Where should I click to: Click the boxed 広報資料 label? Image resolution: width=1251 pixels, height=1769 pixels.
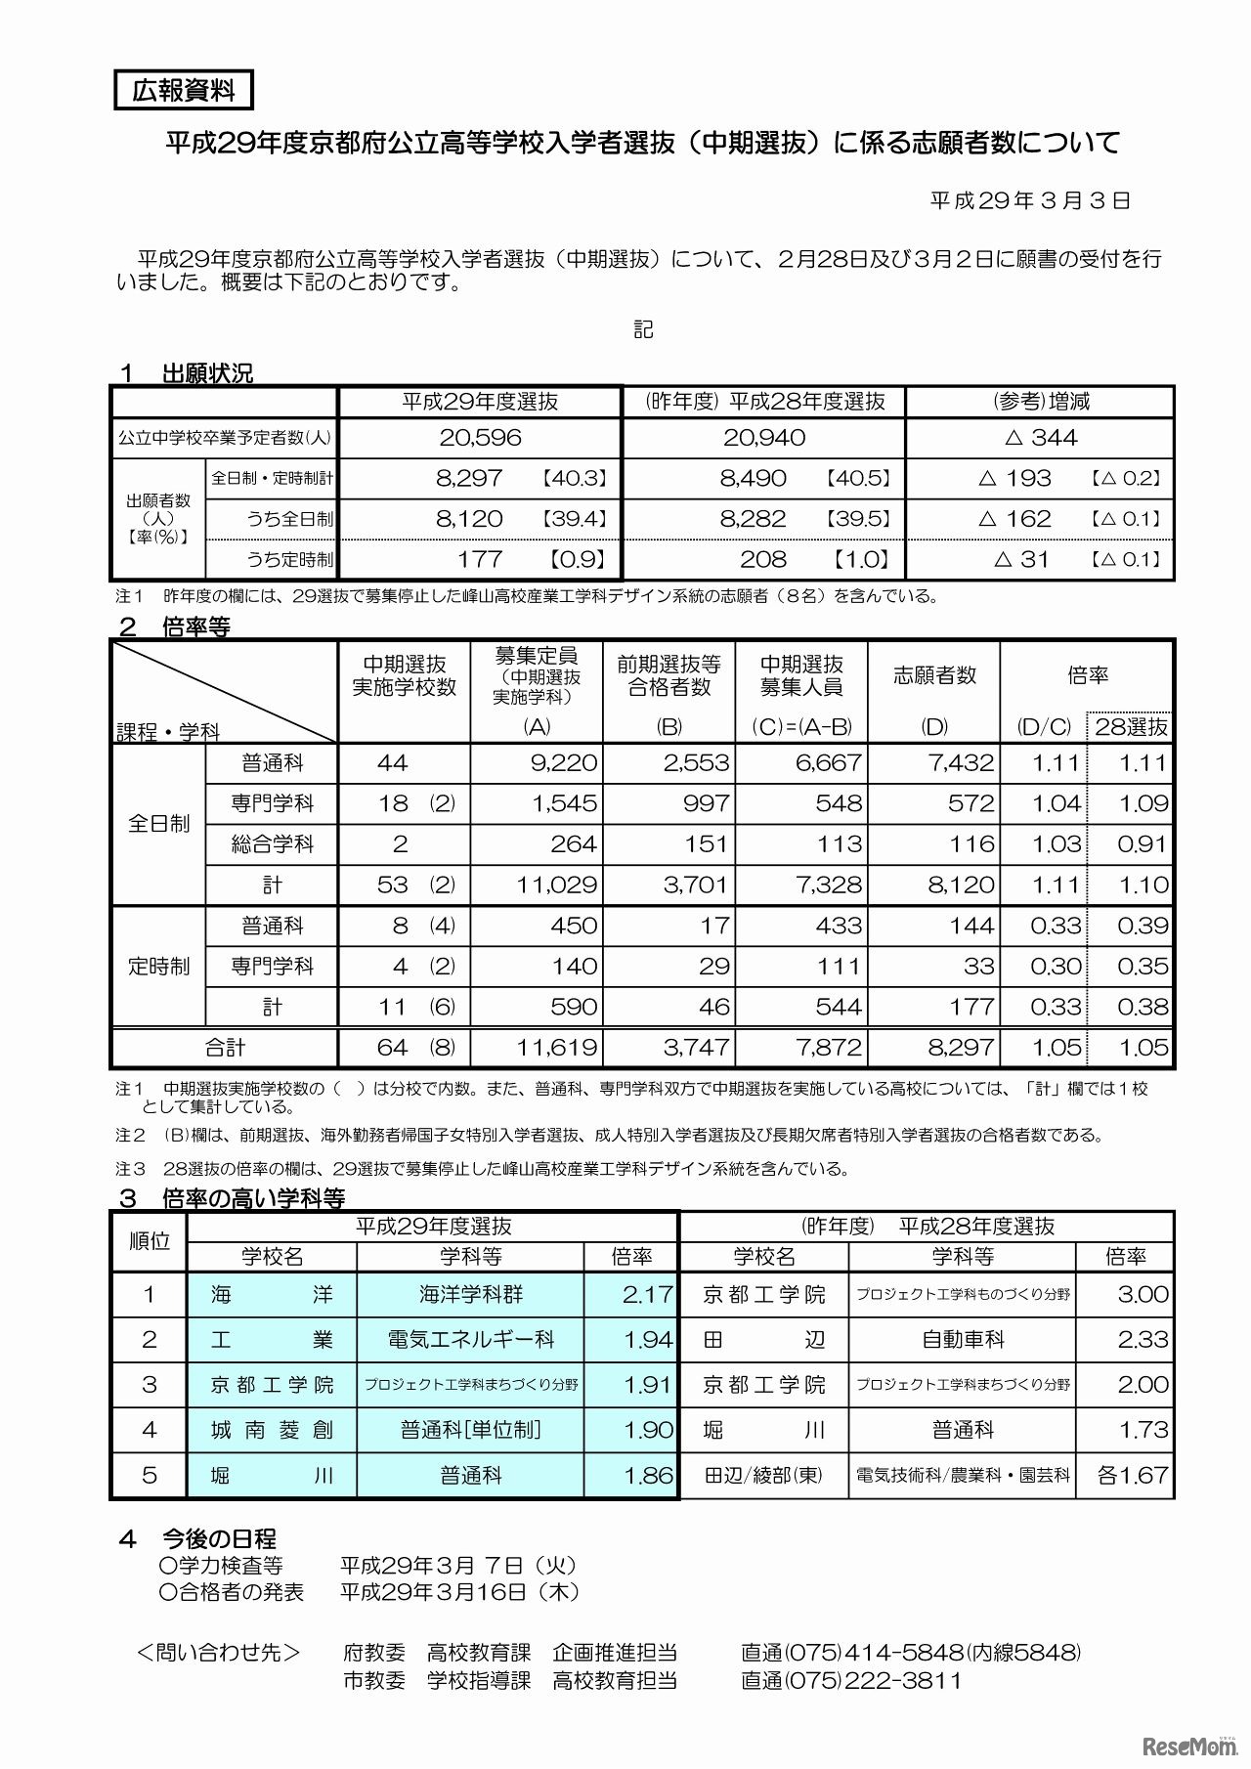pos(184,91)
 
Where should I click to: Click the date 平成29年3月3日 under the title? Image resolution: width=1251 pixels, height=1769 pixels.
pos(1030,201)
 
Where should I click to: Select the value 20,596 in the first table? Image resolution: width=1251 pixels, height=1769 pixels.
pos(480,438)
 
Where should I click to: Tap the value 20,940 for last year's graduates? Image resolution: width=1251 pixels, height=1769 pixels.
pos(764,438)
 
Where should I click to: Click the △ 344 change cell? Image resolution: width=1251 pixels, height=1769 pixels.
pos(1041,438)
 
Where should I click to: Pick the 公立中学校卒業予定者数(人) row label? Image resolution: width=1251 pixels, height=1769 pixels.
pos(225,438)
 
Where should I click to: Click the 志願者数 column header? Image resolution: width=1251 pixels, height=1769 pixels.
pos(934,675)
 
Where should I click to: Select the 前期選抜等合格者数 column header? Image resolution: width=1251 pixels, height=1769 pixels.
pos(669,675)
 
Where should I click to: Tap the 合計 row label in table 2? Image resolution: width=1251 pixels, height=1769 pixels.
pos(225,1048)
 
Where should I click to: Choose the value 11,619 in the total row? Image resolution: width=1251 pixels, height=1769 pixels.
pos(557,1048)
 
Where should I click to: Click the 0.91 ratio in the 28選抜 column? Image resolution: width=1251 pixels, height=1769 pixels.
pos(1143,844)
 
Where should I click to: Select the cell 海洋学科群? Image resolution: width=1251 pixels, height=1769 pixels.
pos(471,1295)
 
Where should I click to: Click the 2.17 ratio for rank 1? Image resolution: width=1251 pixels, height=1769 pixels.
pos(648,1295)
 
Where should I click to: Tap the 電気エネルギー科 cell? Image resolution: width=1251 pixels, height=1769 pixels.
pos(471,1340)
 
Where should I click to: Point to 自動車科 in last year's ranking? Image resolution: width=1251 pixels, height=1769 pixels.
pos(963,1340)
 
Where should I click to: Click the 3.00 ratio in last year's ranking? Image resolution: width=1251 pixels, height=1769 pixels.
pos(1143,1295)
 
